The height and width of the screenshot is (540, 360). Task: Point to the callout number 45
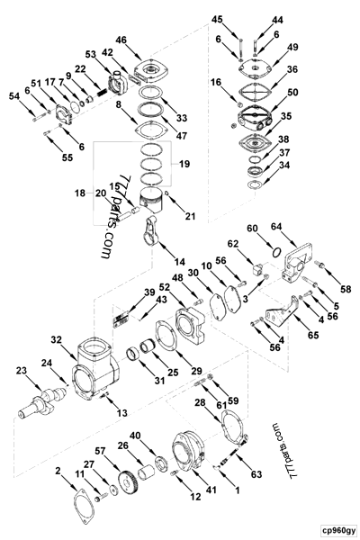pyautogui.click(x=241, y=19)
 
